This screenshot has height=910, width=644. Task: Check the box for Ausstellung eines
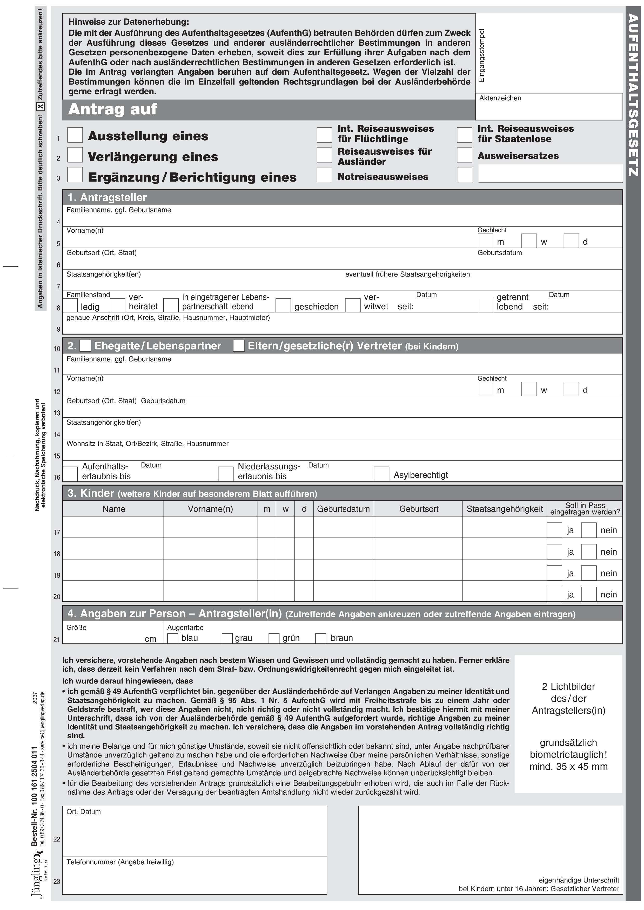75,135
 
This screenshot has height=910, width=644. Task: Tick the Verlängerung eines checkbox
75,155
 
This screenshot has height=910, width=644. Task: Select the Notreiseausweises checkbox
324,175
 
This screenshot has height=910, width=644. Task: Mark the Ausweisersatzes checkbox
464,155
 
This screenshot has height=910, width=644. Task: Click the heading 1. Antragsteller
107,197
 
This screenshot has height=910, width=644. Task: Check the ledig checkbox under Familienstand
71,305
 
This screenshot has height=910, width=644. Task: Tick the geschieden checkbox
283,305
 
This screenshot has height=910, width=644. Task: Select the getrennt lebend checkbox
485,305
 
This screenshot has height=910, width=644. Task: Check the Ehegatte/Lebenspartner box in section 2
86,346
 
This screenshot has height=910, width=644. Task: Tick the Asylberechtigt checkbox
381,474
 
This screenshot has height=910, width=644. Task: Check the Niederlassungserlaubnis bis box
225,474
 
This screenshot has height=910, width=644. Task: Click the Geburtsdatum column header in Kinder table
343,509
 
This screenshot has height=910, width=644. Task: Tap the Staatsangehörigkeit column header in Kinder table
504,509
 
